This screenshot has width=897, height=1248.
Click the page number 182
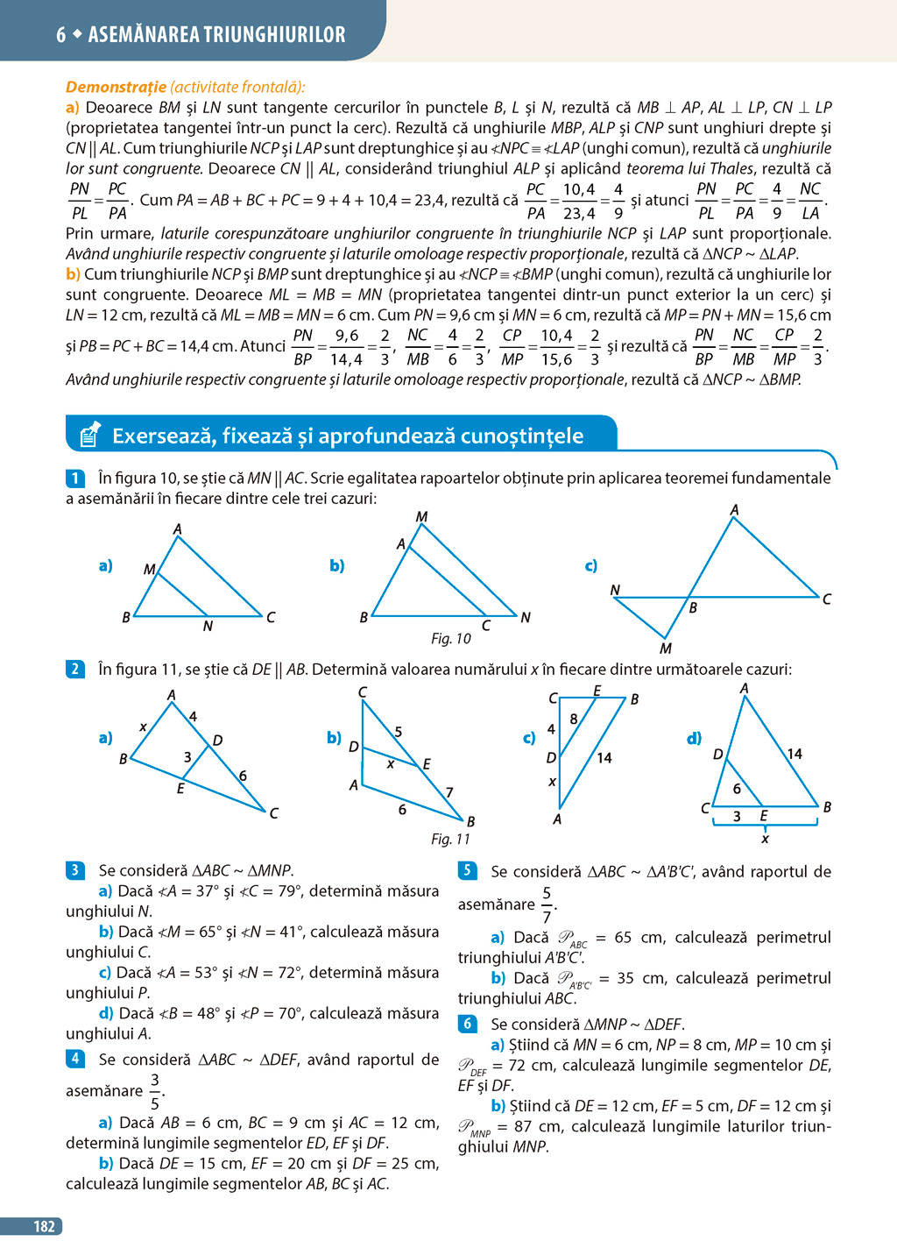44,1226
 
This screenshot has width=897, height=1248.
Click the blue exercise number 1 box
74,479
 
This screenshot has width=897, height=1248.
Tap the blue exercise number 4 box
74,1059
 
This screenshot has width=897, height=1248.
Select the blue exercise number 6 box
467,1024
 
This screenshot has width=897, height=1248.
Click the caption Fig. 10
450,639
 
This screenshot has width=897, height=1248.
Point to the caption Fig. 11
450,839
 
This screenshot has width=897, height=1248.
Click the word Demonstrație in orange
116,87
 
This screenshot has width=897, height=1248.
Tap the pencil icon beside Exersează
89,435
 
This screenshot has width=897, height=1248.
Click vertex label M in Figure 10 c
666,649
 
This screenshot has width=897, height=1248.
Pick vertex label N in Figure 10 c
615,590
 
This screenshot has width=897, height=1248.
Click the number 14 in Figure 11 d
794,754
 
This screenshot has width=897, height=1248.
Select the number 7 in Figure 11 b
449,792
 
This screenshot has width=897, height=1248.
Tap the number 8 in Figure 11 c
574,719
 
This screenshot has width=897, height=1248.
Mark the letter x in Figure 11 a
143,727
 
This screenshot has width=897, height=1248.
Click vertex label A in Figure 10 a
177,528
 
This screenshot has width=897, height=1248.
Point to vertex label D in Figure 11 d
717,754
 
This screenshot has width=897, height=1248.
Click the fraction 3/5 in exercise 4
155,1091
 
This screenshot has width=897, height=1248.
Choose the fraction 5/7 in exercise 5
547,904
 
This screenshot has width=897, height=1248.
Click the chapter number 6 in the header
60,35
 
